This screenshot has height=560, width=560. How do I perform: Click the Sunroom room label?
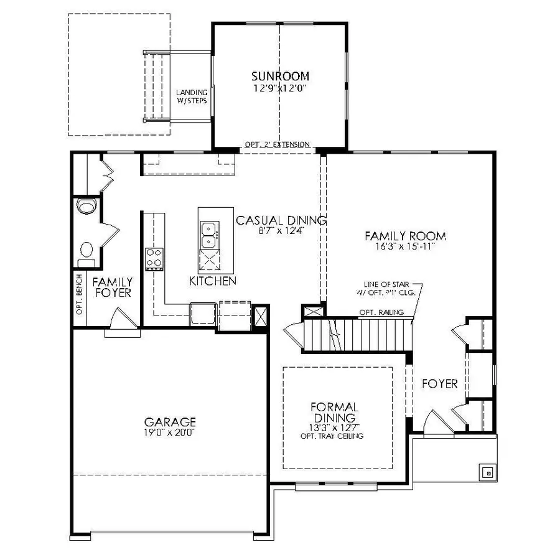280,77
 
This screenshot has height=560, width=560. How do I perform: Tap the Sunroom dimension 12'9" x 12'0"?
280,88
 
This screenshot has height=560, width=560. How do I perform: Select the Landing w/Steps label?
192,96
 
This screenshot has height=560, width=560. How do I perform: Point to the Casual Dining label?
281,220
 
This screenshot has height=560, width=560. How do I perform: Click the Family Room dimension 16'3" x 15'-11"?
405,246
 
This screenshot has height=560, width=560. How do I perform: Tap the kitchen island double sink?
210,235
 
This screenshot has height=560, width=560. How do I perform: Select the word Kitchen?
213,281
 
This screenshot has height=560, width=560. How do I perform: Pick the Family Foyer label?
113,287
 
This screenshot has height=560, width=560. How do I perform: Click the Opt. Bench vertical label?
79,294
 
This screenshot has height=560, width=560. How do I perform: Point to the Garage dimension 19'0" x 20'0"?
169,432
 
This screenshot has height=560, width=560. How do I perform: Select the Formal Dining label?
334,412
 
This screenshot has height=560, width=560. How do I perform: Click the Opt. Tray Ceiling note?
332,436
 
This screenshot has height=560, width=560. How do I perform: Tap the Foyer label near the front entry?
440,384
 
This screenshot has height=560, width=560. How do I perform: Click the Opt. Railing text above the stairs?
381,312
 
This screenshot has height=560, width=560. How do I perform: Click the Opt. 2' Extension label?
277,144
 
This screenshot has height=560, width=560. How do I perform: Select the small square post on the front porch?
488,474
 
